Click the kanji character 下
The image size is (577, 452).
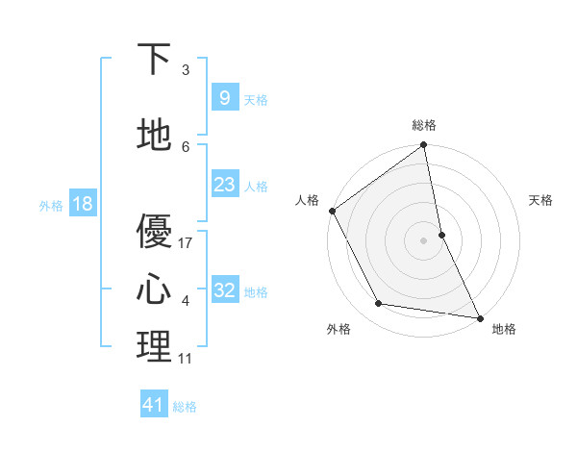[x=154, y=60]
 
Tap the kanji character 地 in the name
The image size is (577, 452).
[x=154, y=136]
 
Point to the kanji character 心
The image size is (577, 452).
[x=154, y=289]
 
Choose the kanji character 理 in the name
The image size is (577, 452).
[x=154, y=346]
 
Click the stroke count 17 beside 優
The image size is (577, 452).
[x=187, y=243]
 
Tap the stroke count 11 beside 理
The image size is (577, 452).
[x=186, y=359]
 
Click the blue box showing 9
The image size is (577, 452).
[x=224, y=97]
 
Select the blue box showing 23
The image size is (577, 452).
[x=224, y=185]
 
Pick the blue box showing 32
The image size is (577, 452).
[x=224, y=290]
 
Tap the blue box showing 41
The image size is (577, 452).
[x=154, y=405]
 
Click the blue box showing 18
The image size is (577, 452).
[x=82, y=204]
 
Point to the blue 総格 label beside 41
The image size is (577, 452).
[x=185, y=407]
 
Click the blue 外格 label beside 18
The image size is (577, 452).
[x=51, y=206]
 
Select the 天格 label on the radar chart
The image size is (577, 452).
[x=541, y=200]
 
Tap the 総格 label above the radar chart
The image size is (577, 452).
[x=424, y=125]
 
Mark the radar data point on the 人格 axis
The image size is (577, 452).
[x=332, y=211]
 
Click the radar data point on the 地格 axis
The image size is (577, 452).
[x=479, y=316]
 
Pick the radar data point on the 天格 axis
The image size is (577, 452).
[x=441, y=235]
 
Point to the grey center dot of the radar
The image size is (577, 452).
[x=424, y=240]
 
